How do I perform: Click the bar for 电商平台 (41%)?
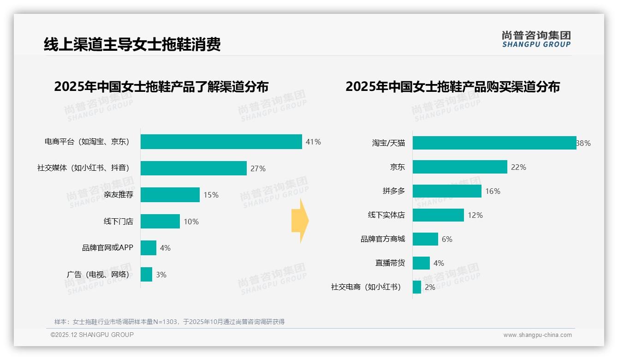[221, 142]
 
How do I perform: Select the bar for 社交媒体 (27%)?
[193, 168]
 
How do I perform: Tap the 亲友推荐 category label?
[119, 195]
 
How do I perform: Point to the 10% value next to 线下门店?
[191, 222]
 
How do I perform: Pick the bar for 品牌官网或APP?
[149, 248]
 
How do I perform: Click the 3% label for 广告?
[161, 275]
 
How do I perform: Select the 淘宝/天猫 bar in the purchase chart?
[494, 143]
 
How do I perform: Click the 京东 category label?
[397, 167]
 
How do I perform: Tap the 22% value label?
[518, 167]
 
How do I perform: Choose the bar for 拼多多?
[447, 191]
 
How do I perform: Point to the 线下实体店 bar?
[438, 215]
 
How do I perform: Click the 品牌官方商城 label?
[383, 239]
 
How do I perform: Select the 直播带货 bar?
[421, 263]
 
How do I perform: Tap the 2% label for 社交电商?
[430, 287]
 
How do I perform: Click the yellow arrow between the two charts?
[300, 221]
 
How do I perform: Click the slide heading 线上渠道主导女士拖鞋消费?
[132, 44]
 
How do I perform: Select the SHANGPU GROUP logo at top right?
[536, 39]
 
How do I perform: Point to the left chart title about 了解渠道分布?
[161, 87]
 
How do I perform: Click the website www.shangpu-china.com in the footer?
[537, 335]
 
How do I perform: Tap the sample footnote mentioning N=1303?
[169, 322]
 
